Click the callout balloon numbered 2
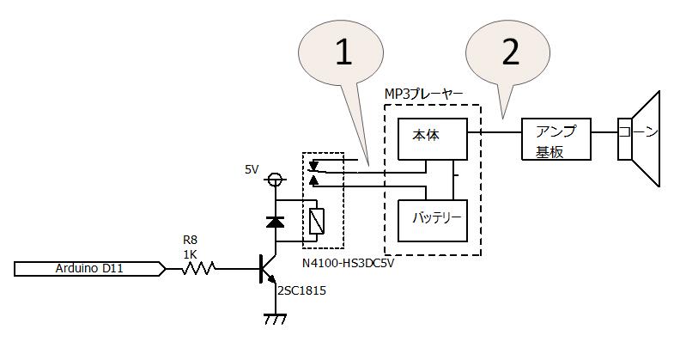coord(510,53)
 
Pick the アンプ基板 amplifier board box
coord(556,138)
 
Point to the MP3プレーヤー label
coord(424,93)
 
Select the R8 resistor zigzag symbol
coord(198,269)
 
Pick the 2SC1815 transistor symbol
coord(268,270)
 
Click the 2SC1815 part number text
coord(301,290)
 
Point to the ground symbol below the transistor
coord(275,319)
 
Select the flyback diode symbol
coord(275,221)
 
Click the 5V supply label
coord(252,170)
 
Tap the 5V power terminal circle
coord(275,180)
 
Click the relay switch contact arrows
coord(314,172)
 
